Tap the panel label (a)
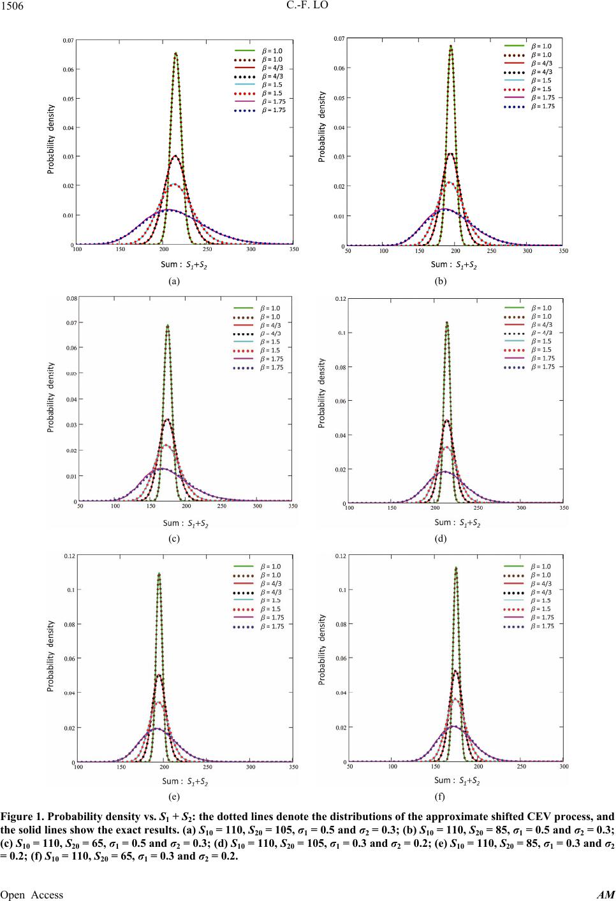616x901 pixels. [x=174, y=280]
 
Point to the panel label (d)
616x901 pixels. [x=440, y=538]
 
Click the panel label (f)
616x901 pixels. [x=440, y=796]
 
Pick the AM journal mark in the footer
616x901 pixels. [x=606, y=895]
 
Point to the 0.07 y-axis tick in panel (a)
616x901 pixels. [x=68, y=40]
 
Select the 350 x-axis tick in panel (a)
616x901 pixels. [x=292, y=250]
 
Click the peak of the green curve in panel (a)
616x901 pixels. [x=175, y=54]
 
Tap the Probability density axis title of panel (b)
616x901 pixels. [x=322, y=126]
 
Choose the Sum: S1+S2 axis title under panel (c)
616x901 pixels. [x=186, y=523]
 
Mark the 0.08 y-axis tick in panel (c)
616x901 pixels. [x=72, y=298]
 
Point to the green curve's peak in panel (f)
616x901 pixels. [x=456, y=568]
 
